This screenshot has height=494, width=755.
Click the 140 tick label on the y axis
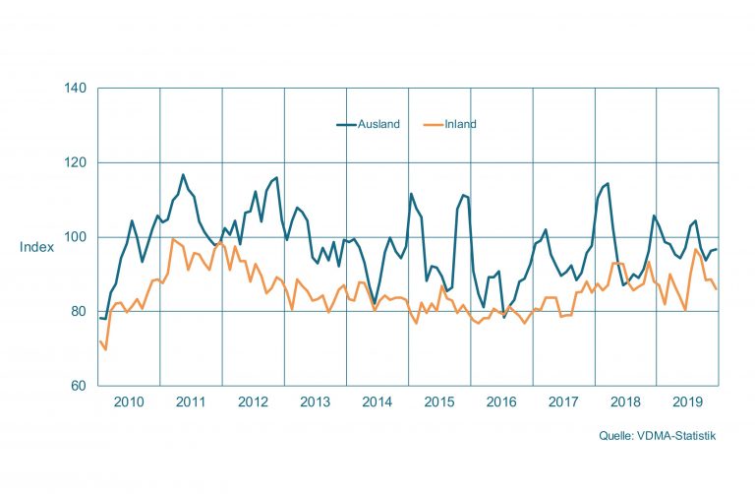click(x=78, y=89)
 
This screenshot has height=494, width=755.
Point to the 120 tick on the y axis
click(x=78, y=162)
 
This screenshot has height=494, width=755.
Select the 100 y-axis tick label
click(x=78, y=237)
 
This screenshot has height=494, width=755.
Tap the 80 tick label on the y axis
click(x=81, y=312)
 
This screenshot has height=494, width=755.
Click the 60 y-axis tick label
click(x=81, y=386)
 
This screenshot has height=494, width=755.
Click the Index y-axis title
click(x=36, y=247)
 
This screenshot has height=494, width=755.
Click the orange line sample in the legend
click(x=432, y=125)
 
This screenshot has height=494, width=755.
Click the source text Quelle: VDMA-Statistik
click(x=658, y=436)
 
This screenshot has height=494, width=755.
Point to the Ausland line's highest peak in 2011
click(x=183, y=175)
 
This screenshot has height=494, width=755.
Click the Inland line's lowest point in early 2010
click(x=105, y=349)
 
